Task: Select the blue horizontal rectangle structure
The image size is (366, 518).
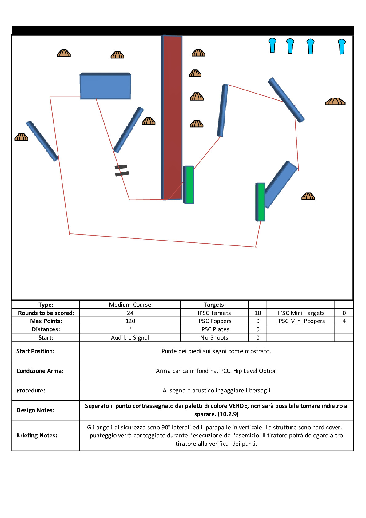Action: [105, 86]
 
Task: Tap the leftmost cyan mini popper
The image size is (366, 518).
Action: [272, 45]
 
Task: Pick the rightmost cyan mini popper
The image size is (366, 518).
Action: [342, 46]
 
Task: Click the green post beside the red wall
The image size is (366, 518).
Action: [189, 185]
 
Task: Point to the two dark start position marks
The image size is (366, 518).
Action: [121, 170]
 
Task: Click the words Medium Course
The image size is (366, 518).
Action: [130, 305]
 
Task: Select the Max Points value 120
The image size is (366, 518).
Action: [130, 321]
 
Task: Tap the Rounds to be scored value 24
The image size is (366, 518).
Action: [130, 313]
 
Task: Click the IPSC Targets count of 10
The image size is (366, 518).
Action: [258, 313]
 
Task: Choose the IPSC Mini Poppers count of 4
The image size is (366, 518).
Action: [344, 321]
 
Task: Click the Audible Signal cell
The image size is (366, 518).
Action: [130, 337]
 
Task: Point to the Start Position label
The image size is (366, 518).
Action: [35, 351]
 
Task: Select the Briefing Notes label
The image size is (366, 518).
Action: [37, 435]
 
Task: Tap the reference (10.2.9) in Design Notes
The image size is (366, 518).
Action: [228, 414]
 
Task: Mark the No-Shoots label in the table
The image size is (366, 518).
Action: [214, 337]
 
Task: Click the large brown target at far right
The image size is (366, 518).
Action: [335, 102]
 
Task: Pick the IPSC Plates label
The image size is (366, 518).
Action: [214, 329]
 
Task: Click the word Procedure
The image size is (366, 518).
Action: [30, 390]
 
